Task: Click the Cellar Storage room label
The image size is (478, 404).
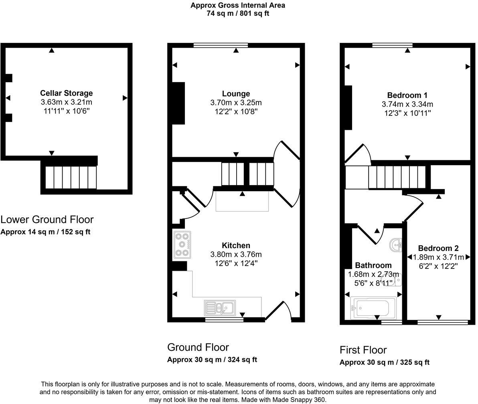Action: [x=66, y=93]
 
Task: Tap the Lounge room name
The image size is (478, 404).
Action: [x=236, y=94]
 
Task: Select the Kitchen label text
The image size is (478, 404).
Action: [x=236, y=245]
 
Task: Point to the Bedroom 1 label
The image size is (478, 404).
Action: [x=407, y=95]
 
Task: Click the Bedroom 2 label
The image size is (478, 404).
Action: [x=438, y=248]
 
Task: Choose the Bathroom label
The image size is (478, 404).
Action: [x=373, y=265]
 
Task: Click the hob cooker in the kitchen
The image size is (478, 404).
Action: [x=182, y=244]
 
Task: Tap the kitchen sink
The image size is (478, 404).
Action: [x=220, y=308]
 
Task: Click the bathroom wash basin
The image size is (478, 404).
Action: [x=397, y=244]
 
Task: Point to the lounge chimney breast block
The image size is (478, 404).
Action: [x=178, y=103]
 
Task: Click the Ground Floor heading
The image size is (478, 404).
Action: [x=198, y=347]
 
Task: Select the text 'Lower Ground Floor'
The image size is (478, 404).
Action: [x=47, y=220]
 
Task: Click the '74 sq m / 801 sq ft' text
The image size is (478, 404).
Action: [x=238, y=13]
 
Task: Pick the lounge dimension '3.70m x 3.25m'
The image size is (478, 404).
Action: [x=236, y=103]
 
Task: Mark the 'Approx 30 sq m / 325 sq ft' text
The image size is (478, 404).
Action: [x=384, y=362]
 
